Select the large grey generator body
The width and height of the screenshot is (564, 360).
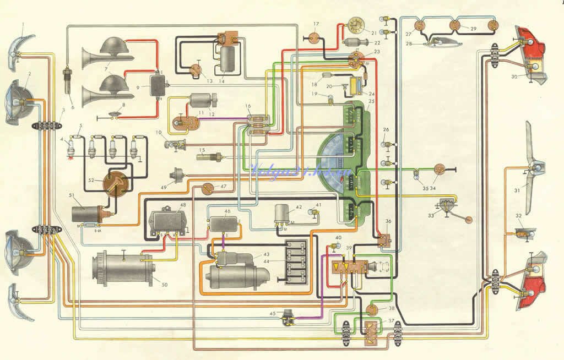118,268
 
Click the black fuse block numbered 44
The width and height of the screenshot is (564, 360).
296,264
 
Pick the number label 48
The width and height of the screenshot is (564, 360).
182,205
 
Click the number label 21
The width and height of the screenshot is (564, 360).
373,33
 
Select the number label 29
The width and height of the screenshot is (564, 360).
473,28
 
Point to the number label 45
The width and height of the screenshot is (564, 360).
273,314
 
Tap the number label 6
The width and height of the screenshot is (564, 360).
72,107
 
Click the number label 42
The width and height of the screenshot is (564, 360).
299,208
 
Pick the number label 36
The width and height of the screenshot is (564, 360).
389,221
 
